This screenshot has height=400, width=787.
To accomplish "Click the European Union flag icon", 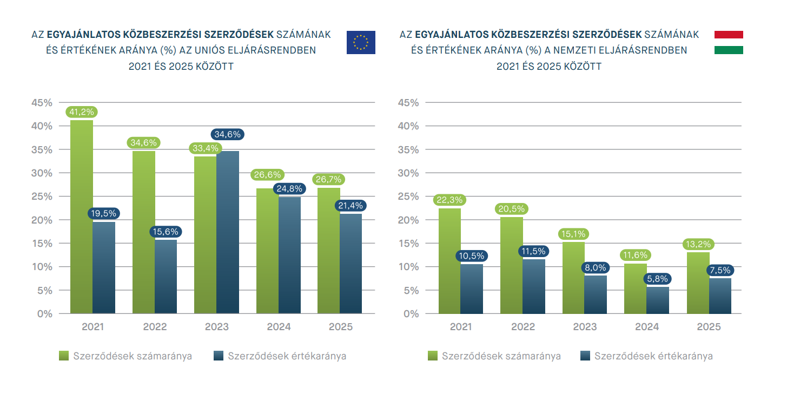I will [361, 42].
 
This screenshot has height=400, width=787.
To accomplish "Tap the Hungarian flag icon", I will [729, 42].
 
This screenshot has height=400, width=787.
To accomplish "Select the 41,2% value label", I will [81, 112].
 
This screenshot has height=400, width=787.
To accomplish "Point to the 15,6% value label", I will [166, 232].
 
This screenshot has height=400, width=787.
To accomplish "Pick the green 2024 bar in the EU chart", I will [267, 251].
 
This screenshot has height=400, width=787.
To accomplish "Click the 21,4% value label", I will [350, 206].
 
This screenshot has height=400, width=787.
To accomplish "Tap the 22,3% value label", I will [449, 200].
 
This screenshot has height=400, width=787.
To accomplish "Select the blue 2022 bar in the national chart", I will [534, 286].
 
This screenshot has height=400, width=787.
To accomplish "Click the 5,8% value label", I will [658, 279].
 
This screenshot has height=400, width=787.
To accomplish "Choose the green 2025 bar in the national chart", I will [698, 283].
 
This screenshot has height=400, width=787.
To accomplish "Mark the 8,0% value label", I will [596, 267].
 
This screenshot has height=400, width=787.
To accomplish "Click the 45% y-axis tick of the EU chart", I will [42, 102].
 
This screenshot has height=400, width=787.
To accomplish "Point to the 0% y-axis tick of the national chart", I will [412, 313].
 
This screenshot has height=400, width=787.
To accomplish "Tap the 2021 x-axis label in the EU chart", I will [92, 327].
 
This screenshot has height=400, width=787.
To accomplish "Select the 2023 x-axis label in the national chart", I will [585, 327].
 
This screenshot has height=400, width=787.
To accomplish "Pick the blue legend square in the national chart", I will [585, 356].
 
